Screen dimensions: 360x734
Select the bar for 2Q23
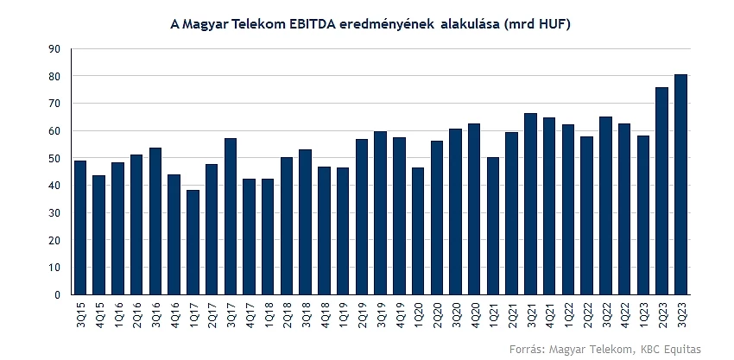click(x=661, y=191)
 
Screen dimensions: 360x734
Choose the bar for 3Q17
click(x=231, y=217)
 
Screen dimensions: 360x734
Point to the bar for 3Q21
click(x=530, y=204)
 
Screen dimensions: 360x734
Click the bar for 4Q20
click(x=474, y=209)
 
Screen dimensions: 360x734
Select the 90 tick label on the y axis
click(x=56, y=49)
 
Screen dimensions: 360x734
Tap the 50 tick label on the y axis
click(x=56, y=159)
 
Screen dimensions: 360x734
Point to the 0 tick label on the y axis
click(x=59, y=295)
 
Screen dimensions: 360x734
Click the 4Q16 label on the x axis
click(x=174, y=313)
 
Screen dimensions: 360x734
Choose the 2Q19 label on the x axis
click(x=362, y=313)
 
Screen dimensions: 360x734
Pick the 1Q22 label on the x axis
click(x=568, y=313)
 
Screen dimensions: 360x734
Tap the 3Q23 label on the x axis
click(x=680, y=313)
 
